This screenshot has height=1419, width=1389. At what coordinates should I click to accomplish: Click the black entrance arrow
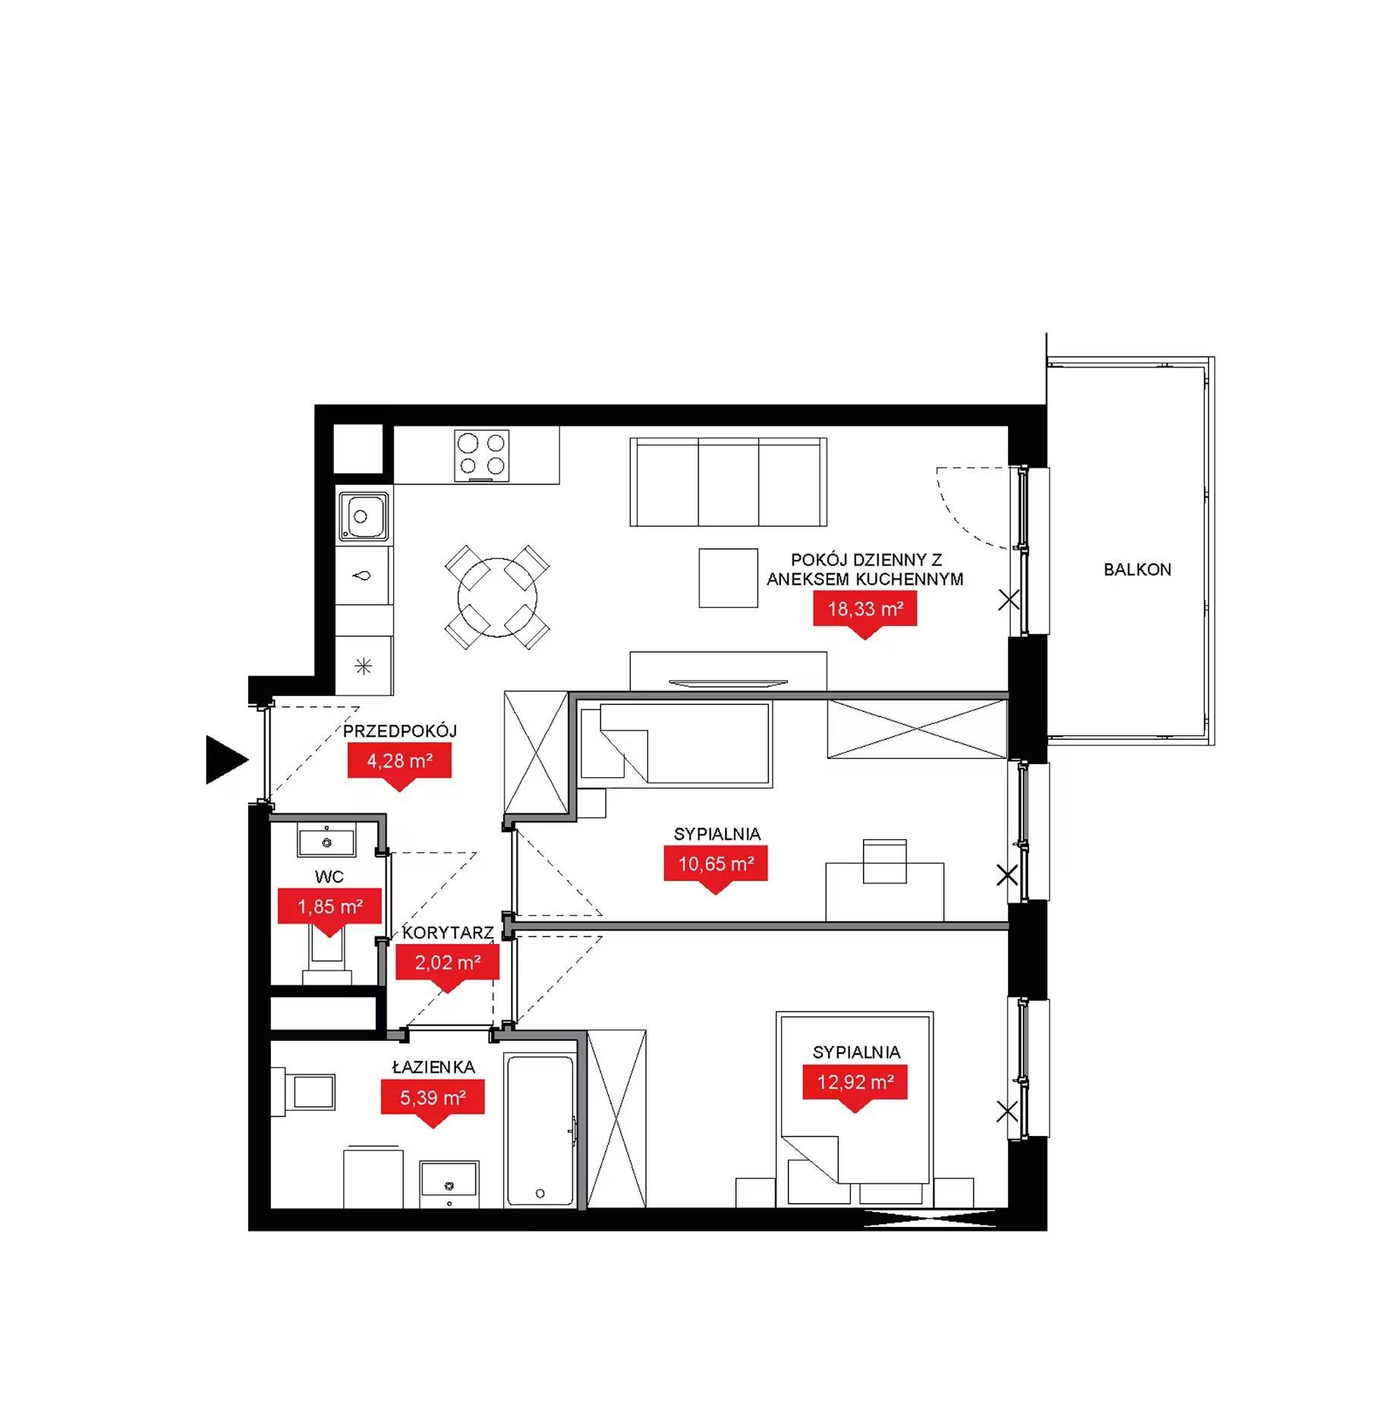[x=225, y=759]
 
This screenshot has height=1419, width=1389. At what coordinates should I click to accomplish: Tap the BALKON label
[x=1137, y=569]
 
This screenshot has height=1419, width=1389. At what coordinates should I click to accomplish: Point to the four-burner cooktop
[x=482, y=455]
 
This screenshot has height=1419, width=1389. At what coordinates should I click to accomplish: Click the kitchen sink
[x=364, y=516]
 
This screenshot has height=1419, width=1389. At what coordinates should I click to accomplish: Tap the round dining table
[x=497, y=597]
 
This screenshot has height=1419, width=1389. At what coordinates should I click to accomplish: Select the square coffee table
[x=729, y=577]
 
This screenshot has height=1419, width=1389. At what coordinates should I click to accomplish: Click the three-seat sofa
[x=729, y=482]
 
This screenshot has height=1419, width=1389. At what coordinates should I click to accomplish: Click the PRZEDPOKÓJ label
[x=400, y=732]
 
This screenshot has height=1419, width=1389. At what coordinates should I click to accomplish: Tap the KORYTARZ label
[x=448, y=933]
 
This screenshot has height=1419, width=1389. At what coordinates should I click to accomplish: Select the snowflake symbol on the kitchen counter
[x=364, y=666]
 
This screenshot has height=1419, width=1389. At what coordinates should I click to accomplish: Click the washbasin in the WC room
[x=326, y=842]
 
